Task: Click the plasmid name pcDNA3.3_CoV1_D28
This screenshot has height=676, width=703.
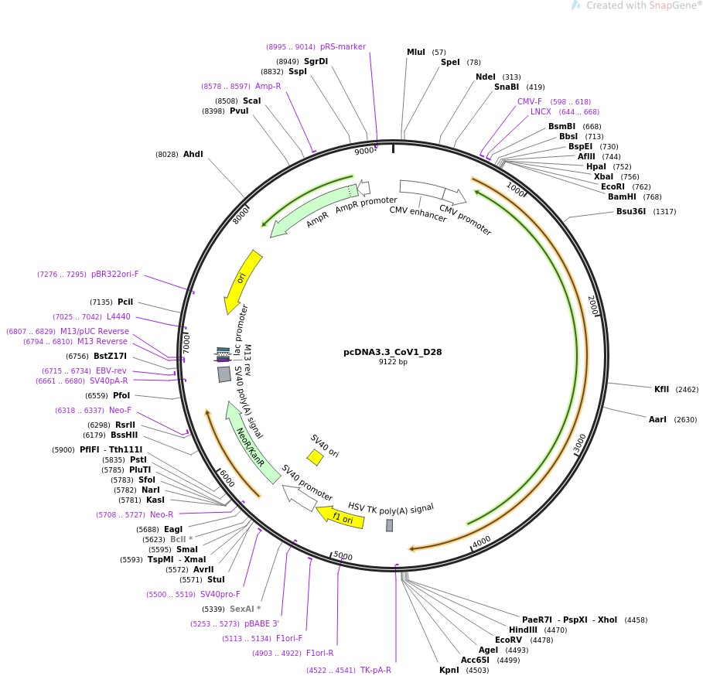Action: pyautogui.click(x=392, y=352)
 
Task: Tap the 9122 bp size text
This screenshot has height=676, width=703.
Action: pyautogui.click(x=392, y=362)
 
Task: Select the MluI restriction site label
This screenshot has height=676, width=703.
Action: pyautogui.click(x=416, y=53)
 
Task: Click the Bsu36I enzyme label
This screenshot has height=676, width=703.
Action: pyautogui.click(x=631, y=212)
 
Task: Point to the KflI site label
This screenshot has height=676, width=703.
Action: pyautogui.click(x=661, y=389)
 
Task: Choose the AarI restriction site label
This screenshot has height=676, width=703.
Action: pyautogui.click(x=657, y=419)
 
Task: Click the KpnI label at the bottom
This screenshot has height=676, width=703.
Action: pyautogui.click(x=449, y=670)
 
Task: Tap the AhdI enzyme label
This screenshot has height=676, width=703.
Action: pyautogui.click(x=193, y=155)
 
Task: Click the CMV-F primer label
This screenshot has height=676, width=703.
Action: pyautogui.click(x=530, y=101)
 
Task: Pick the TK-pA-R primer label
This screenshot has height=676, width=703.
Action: pyautogui.click(x=376, y=670)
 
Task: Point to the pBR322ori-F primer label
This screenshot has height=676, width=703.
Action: pyautogui.click(x=115, y=274)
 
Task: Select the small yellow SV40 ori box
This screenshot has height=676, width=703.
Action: pyautogui.click(x=315, y=458)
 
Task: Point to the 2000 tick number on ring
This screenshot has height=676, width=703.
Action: pyautogui.click(x=593, y=306)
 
